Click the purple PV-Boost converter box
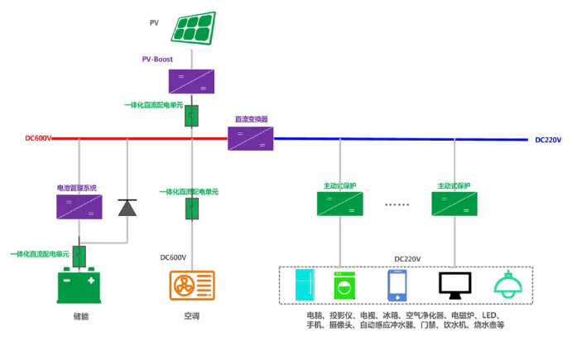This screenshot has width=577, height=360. click(x=191, y=80)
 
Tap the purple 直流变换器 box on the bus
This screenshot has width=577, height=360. click(x=251, y=138)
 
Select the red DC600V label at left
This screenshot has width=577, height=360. click(x=38, y=138)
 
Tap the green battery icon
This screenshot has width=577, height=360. click(x=80, y=286)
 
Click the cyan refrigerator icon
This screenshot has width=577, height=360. click(x=306, y=286)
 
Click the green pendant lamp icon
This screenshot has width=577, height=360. click(x=507, y=284)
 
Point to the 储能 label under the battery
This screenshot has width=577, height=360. click(x=80, y=317)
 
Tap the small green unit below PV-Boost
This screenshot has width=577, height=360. click(x=191, y=115)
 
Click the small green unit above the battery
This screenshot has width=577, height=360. click(x=80, y=255)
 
